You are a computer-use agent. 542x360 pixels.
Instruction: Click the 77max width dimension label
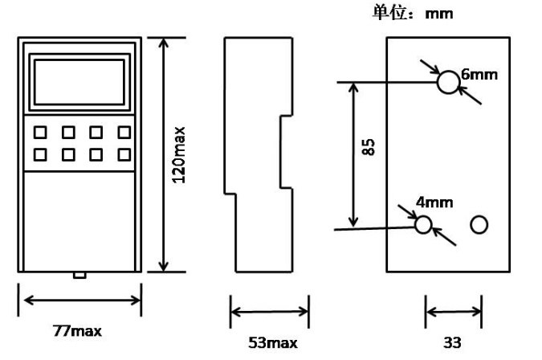pyautogui.click(x=78, y=331)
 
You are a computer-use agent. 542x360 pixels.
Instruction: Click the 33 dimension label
pyautogui.click(x=453, y=343)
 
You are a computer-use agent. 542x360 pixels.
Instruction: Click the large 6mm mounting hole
pyautogui.click(x=447, y=82)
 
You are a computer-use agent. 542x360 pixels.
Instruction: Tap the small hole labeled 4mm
pyautogui.click(x=423, y=224)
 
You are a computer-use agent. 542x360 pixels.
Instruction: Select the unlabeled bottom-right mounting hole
pyautogui.click(x=479, y=224)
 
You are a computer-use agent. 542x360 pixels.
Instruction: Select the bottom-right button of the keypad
pyautogui.click(x=124, y=153)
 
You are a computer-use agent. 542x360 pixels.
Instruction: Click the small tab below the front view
pyautogui.click(x=79, y=276)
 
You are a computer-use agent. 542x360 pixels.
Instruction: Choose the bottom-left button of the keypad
pyautogui.click(x=39, y=153)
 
